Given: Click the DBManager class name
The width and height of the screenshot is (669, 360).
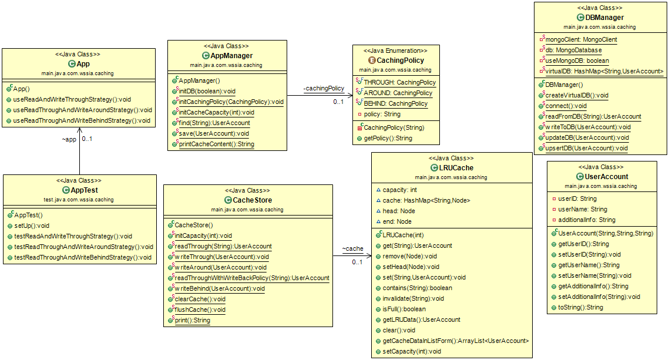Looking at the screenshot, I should pos(604,18).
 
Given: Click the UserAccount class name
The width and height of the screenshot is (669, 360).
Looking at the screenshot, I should pos(606,176).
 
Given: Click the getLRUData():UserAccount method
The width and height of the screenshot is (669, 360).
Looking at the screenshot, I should pos(421,319).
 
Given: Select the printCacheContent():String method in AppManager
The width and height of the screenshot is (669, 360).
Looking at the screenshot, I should pos(216,144).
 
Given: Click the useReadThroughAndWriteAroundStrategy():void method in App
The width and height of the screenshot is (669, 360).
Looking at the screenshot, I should pos(82,110).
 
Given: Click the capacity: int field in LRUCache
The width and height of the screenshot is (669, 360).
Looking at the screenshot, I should pos(399,190).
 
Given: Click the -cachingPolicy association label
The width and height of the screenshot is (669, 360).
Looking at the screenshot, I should pos(324,88).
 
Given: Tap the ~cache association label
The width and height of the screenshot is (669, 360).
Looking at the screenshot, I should pos(352,248).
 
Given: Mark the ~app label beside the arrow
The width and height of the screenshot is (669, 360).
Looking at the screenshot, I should pos(69,140).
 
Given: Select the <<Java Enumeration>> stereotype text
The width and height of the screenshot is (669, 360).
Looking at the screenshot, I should pos(395,51).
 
